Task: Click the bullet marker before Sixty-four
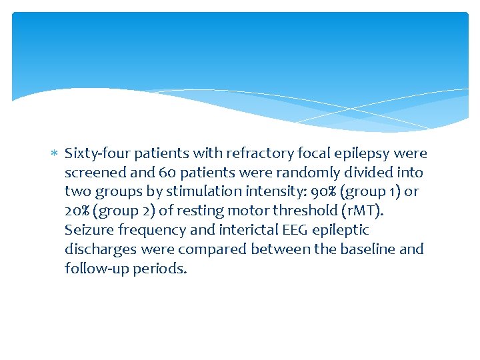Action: click(55, 154)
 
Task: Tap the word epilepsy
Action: click(368, 154)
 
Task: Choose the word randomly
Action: click(305, 173)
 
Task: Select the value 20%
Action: click(79, 211)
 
